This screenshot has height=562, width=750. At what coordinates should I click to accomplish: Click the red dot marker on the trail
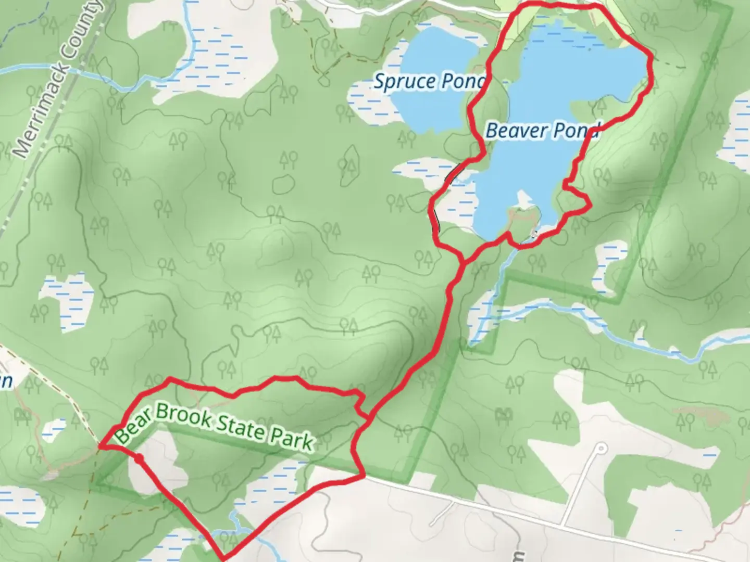point(139,458)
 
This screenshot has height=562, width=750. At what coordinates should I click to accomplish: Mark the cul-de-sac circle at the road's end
point(601,448)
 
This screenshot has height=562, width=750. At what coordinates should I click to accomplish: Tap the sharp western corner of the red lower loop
point(100,446)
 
